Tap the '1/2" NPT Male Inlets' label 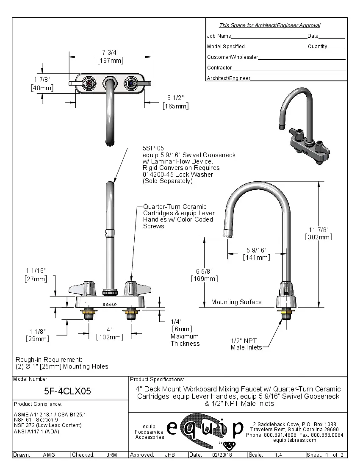tap(246, 344)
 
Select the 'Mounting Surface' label tap(236, 302)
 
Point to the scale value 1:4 tap(279, 455)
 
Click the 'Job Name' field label tap(219, 36)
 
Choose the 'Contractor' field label tap(219, 68)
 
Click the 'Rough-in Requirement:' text tap(49, 359)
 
